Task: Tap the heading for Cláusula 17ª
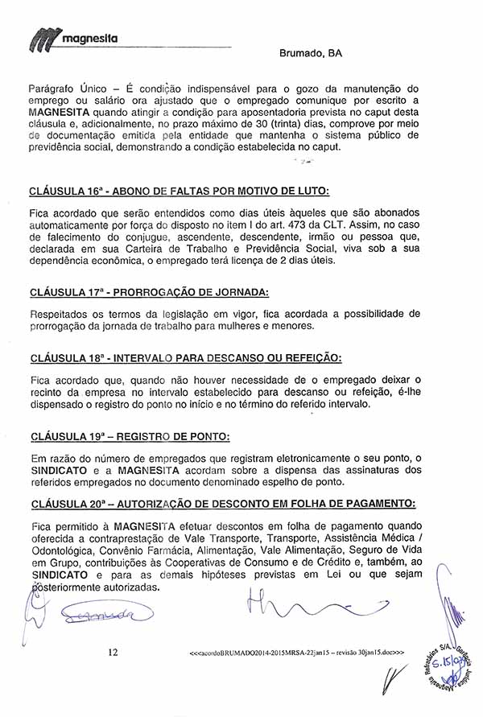(x=148, y=291)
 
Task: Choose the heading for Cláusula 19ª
(x=129, y=437)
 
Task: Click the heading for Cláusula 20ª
(x=222, y=504)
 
